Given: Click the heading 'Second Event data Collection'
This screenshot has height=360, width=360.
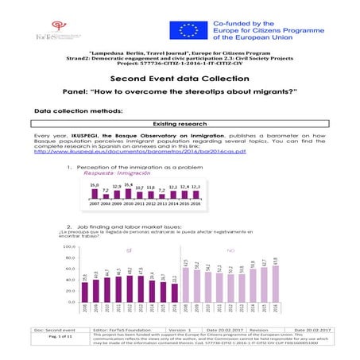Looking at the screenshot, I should click(179, 79).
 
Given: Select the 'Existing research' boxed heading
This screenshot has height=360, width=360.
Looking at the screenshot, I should click(179, 124).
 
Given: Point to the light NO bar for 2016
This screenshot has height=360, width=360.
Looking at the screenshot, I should click(275, 279).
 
